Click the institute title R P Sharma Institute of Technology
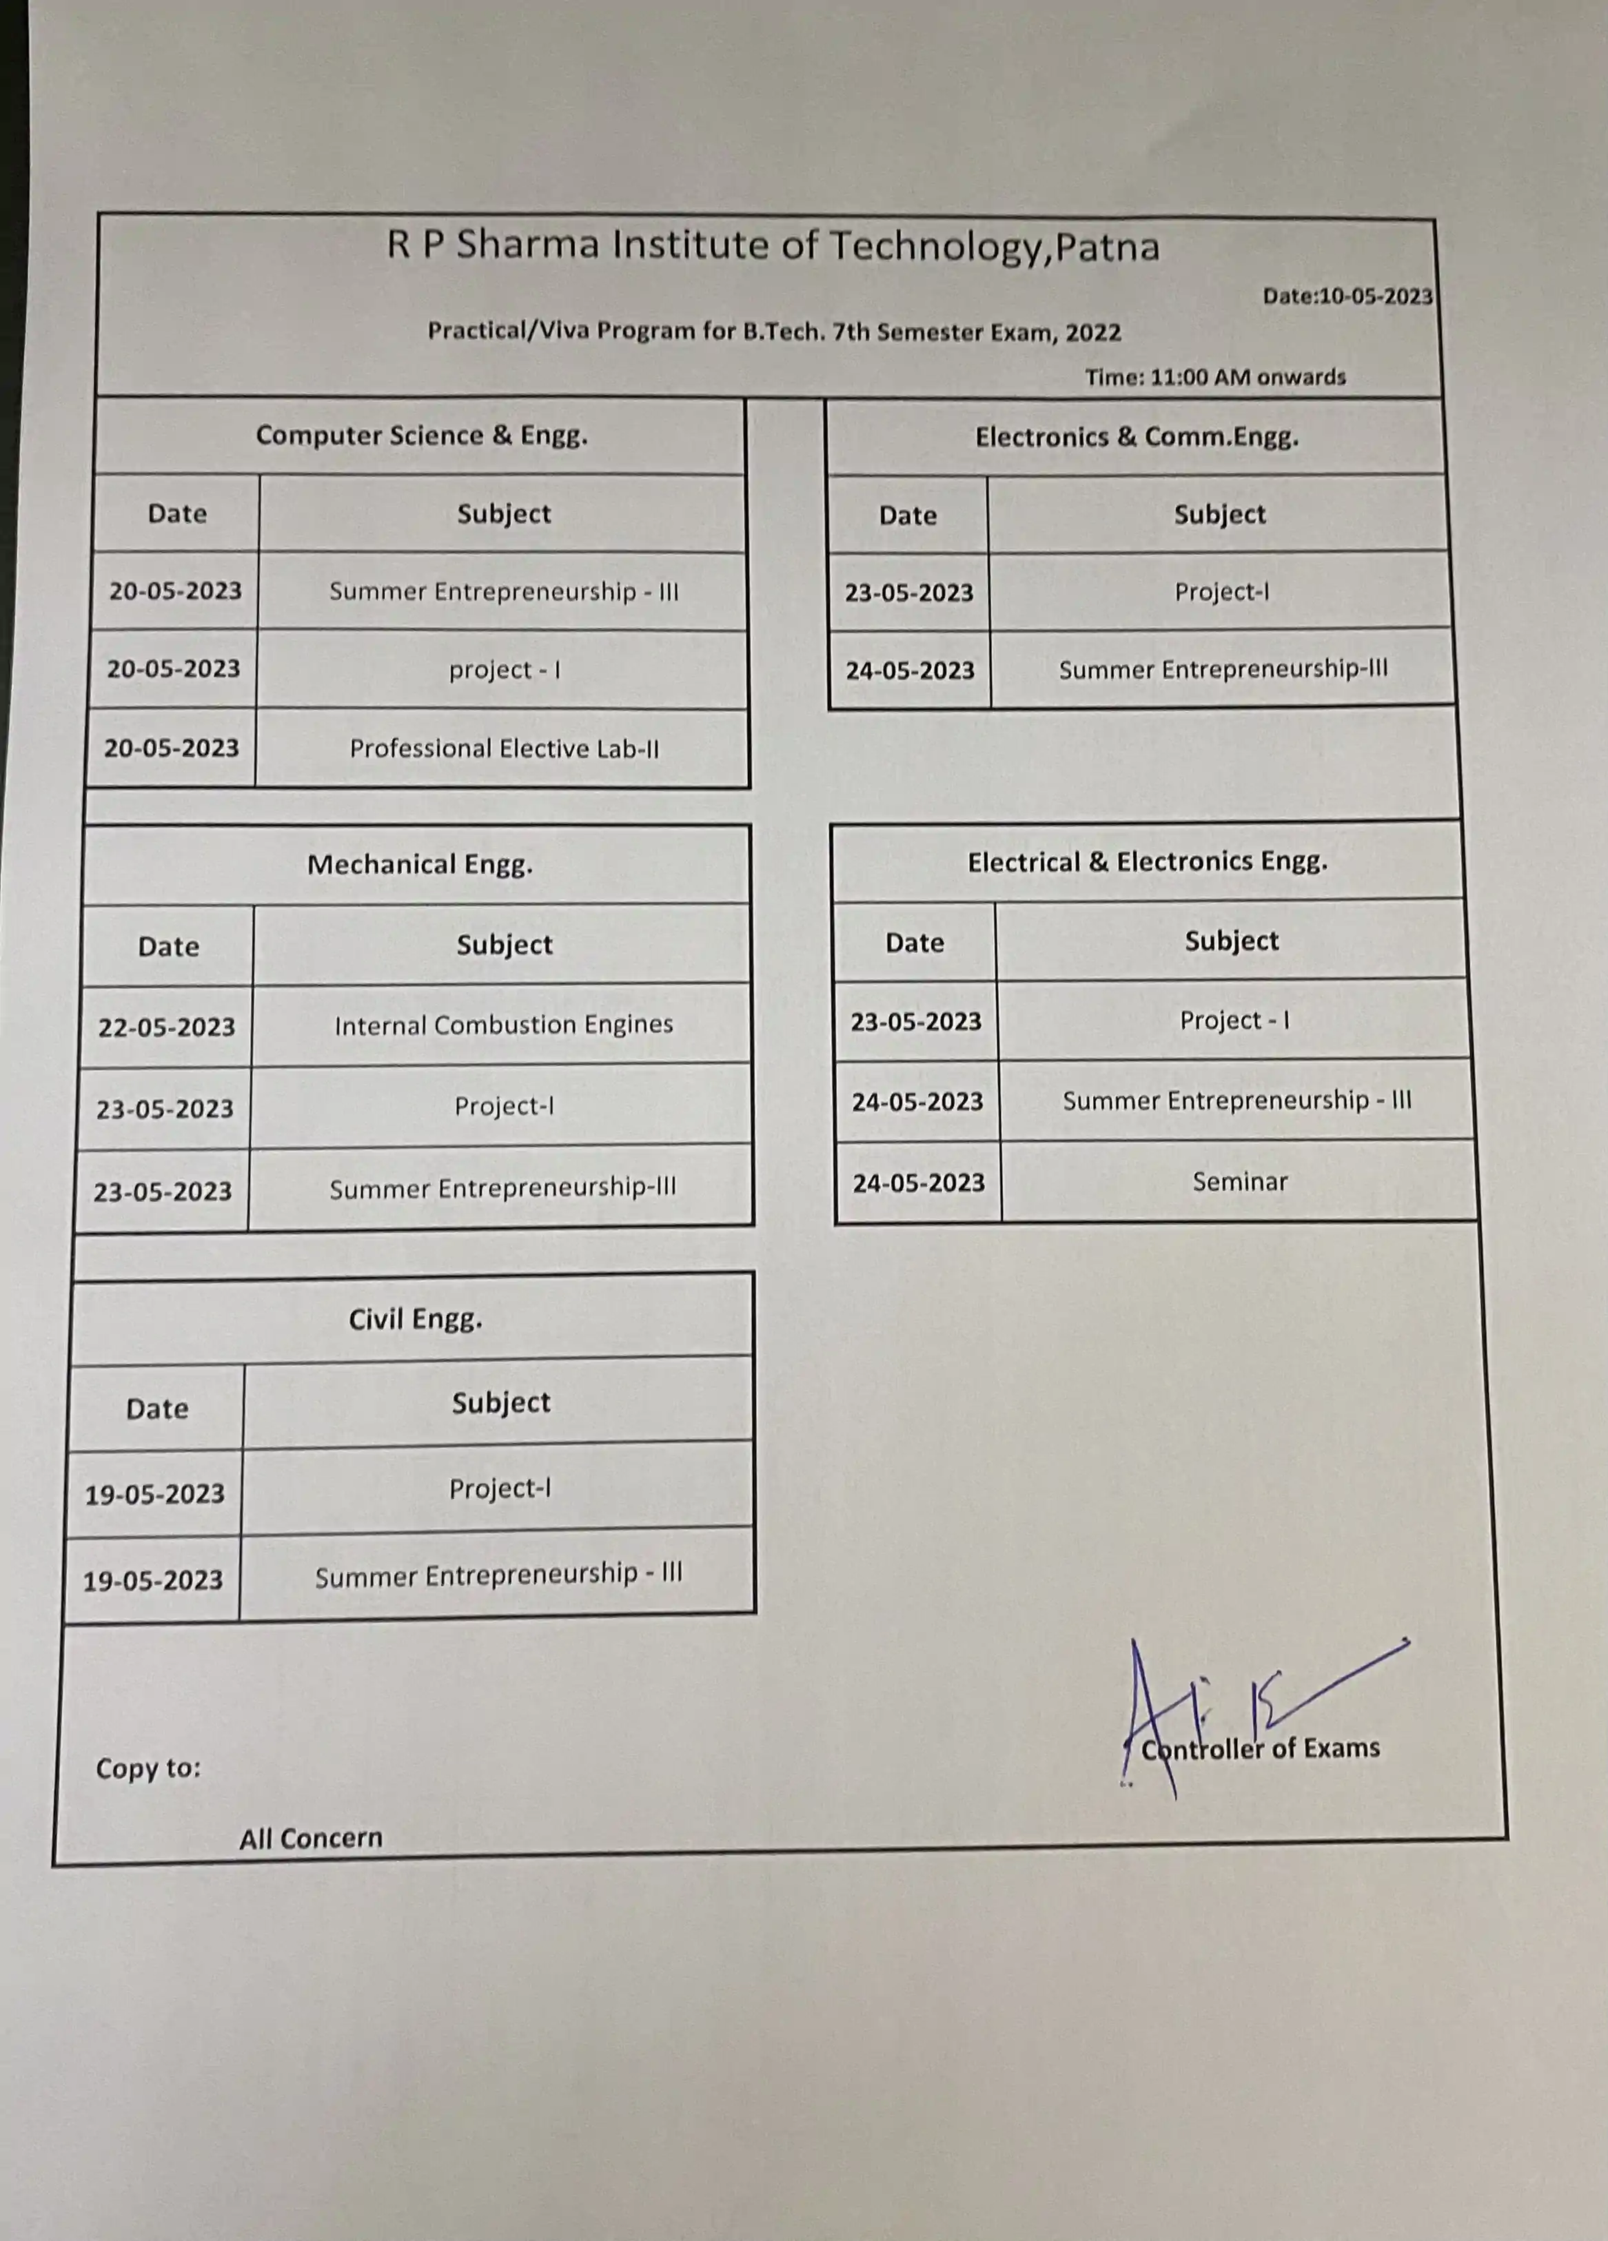(x=772, y=245)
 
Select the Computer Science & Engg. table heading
(x=421, y=436)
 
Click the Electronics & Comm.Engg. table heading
(x=1137, y=437)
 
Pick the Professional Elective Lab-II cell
(x=504, y=748)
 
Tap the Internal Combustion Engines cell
(x=503, y=1025)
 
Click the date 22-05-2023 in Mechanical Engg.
(x=166, y=1027)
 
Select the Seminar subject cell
(x=1239, y=1182)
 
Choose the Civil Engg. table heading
(x=415, y=1319)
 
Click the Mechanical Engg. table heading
(x=420, y=865)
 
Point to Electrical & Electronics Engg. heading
(x=1146, y=861)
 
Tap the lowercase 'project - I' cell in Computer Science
(x=504, y=670)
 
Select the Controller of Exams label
(x=1260, y=1749)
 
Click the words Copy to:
(x=148, y=1768)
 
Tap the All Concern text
(x=310, y=1839)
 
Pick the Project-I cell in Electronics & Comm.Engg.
(x=1221, y=592)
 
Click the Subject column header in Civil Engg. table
(x=500, y=1403)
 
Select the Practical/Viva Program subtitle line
(x=774, y=331)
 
